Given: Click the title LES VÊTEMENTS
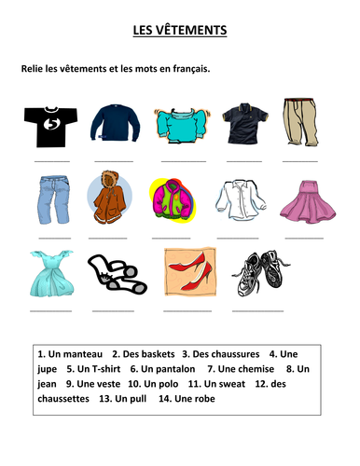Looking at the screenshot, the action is (x=180, y=31).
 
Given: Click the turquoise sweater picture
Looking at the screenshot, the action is (x=180, y=122).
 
